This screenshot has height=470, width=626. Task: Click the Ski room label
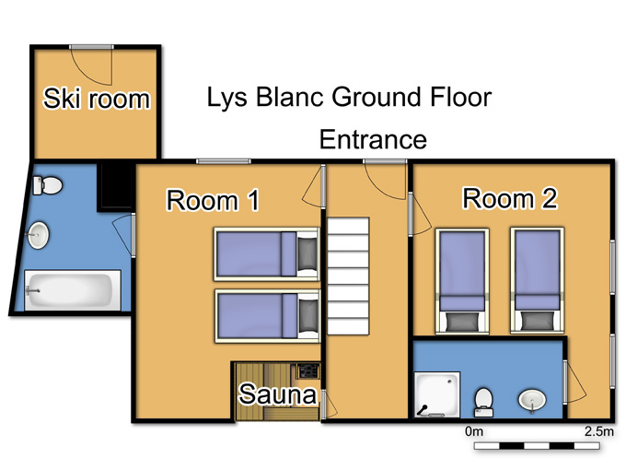click(x=97, y=99)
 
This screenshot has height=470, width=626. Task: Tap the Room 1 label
click(x=213, y=200)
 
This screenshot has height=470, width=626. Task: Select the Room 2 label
click(x=510, y=198)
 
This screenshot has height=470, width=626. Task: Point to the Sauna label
click(x=278, y=394)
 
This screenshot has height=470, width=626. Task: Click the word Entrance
click(x=373, y=139)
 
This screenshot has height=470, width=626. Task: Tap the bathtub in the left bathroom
click(x=73, y=290)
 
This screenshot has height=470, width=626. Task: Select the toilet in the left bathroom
click(x=48, y=185)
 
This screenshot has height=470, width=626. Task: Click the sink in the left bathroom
click(x=38, y=235)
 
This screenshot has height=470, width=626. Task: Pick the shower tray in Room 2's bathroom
click(x=437, y=394)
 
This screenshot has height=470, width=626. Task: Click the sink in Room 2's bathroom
click(x=532, y=401)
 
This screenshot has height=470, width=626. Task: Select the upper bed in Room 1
click(x=267, y=254)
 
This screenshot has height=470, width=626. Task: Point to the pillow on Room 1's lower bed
click(x=307, y=316)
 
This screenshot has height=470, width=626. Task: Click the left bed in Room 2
click(x=462, y=280)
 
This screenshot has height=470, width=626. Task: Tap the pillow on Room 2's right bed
click(x=537, y=322)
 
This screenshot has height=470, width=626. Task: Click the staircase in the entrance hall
click(x=348, y=276)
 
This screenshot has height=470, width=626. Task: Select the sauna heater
click(x=309, y=370)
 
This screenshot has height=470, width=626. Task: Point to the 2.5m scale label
click(x=599, y=431)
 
